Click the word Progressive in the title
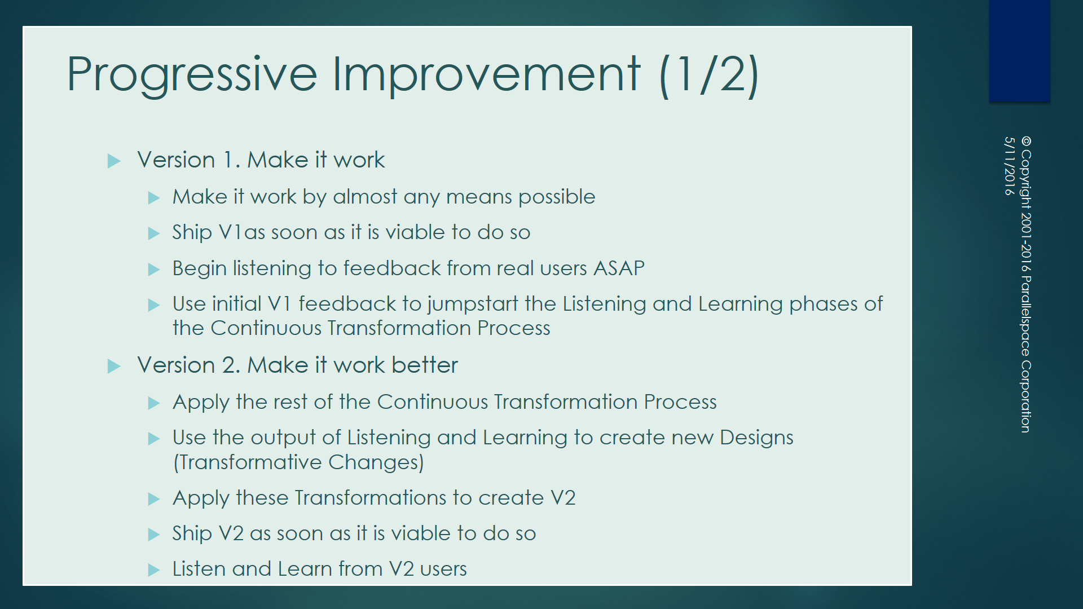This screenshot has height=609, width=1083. [x=192, y=74]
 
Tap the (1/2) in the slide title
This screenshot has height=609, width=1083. [x=709, y=74]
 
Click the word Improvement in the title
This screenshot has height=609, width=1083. [x=487, y=74]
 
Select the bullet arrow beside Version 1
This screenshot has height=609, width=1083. [x=114, y=161]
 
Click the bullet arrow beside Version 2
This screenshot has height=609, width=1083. [x=114, y=367]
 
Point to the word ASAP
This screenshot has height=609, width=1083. [x=619, y=268]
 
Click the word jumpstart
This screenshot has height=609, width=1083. [x=473, y=304]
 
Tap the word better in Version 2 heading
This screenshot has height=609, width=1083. [x=425, y=365]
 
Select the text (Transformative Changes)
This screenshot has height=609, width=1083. [x=298, y=462]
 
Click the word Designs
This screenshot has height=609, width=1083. [x=756, y=438]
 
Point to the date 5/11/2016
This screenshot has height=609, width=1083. [x=1010, y=166]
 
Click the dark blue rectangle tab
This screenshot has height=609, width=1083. [x=1020, y=51]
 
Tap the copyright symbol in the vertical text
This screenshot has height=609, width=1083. [x=1026, y=141]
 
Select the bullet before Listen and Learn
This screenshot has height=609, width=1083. [x=154, y=570]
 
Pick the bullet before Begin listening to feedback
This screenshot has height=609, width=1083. [x=154, y=270]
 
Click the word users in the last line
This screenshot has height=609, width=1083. [x=443, y=570]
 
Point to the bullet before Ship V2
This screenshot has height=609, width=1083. [x=154, y=535]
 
